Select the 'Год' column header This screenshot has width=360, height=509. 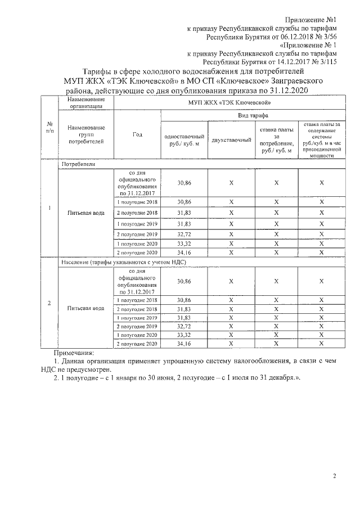tap(138, 135)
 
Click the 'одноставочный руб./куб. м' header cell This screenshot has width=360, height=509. tap(184, 139)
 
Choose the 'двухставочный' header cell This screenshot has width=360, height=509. tap(231, 139)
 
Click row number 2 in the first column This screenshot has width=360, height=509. tap(49, 304)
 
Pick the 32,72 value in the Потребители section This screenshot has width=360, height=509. tap(184, 233)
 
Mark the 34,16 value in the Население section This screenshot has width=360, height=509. tap(184, 343)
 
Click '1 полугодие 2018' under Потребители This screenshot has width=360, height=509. tap(138, 201)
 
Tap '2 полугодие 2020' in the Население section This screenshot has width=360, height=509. tap(138, 343)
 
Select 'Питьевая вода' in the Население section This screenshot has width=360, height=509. tap(85, 308)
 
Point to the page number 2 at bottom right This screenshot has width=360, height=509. tap(334, 477)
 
